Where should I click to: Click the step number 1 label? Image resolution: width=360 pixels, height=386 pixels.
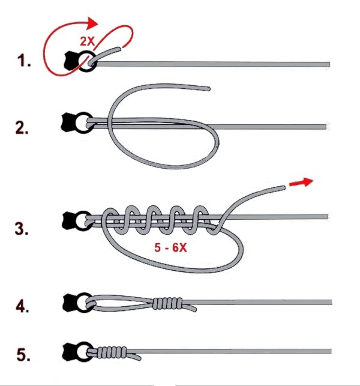24,61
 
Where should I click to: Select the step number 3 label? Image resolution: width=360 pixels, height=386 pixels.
22,229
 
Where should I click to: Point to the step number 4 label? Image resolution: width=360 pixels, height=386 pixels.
22,306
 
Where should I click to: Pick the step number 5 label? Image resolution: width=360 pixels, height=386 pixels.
23,355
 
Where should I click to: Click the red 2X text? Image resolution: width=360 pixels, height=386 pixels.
88,41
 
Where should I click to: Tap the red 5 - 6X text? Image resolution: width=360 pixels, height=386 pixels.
170,247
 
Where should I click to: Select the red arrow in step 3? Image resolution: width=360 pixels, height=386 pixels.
301,182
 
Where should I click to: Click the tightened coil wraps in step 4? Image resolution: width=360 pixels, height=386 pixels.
167,303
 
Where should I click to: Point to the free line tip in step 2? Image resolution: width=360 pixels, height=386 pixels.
209,89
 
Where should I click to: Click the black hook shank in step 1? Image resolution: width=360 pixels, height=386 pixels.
71,61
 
